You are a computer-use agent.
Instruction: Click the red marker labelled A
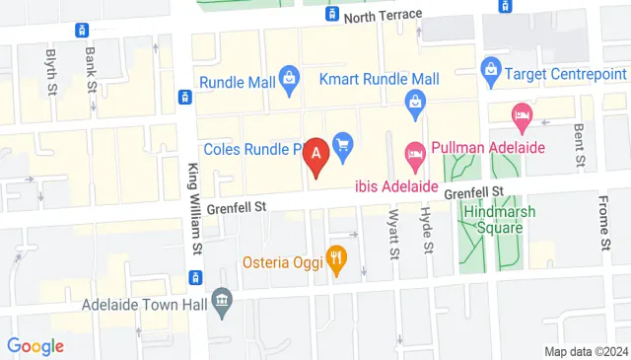pyautogui.click(x=316, y=154)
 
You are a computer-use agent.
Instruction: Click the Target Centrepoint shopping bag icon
pyautogui.click(x=490, y=70)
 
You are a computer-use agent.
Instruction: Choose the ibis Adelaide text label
pyautogui.click(x=394, y=184)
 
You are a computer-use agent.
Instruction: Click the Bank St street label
pyautogui.click(x=90, y=65)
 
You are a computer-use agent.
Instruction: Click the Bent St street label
pyautogui.click(x=581, y=143)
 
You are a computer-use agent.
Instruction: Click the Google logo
pyautogui.click(x=35, y=346)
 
